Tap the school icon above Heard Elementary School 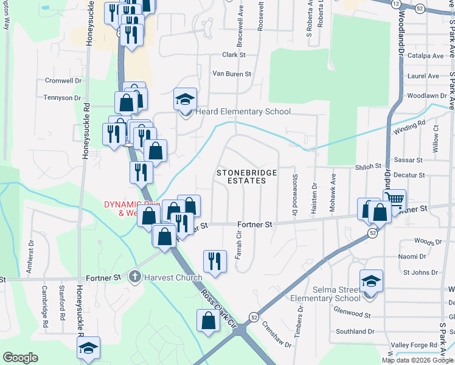coord(186,99)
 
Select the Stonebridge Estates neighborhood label coord(247,177)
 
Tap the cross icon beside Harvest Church coord(134,277)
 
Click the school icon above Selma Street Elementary coord(371,281)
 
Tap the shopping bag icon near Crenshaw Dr coord(208,321)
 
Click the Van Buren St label coord(231,74)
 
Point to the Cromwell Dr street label coord(63,80)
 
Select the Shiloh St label coord(368,165)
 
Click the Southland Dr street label coord(355,332)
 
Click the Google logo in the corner coord(20,358)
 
